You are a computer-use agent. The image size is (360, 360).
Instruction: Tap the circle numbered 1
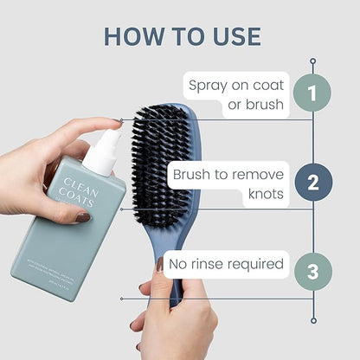[x=312, y=94]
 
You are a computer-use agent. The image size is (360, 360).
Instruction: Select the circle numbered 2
[x=312, y=182]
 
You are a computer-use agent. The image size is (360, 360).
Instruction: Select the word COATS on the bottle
[x=81, y=197]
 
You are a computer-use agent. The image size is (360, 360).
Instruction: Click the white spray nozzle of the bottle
[x=109, y=143]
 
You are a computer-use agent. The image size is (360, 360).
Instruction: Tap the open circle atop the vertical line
[x=312, y=61]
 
